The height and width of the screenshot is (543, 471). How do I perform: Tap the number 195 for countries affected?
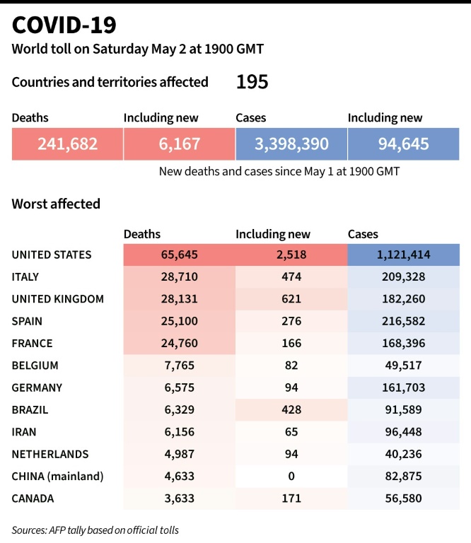[252, 82]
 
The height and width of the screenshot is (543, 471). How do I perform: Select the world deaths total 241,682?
[67, 144]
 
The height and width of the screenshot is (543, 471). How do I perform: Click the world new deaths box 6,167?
[179, 144]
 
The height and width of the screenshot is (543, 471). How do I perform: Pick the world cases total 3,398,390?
[291, 144]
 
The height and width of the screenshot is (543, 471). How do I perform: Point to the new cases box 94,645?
[403, 144]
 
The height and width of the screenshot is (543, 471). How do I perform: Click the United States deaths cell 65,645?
[179, 255]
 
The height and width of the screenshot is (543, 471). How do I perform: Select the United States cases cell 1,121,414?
[403, 255]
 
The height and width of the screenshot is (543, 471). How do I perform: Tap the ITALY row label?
[25, 276]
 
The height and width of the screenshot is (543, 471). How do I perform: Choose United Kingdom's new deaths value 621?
[291, 299]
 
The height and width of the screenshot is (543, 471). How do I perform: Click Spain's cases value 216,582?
[403, 321]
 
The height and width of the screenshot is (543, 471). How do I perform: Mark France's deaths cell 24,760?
[179, 344]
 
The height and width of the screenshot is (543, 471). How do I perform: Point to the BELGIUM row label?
[35, 366]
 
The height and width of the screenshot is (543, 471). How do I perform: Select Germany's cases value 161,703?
[403, 387]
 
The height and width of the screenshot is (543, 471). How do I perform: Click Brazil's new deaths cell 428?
[291, 410]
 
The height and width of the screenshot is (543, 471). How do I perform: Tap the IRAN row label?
[24, 432]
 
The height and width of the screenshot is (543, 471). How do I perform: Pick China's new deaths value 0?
[291, 477]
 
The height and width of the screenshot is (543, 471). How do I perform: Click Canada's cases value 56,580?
[403, 498]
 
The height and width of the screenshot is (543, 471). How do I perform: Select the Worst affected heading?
[56, 204]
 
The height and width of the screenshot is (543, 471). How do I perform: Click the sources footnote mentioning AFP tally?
[95, 530]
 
